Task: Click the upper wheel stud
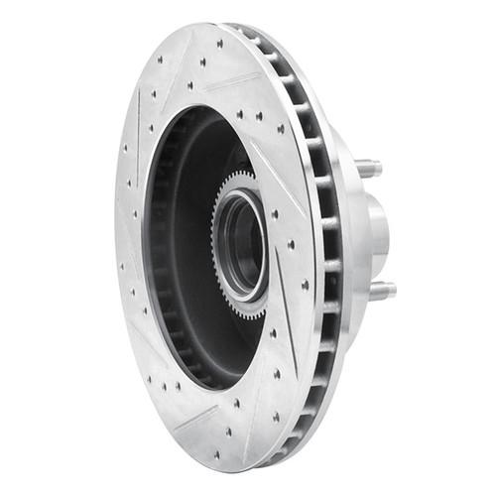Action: tap(369, 169)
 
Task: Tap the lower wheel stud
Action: tap(381, 290)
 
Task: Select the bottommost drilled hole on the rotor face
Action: tap(229, 457)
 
